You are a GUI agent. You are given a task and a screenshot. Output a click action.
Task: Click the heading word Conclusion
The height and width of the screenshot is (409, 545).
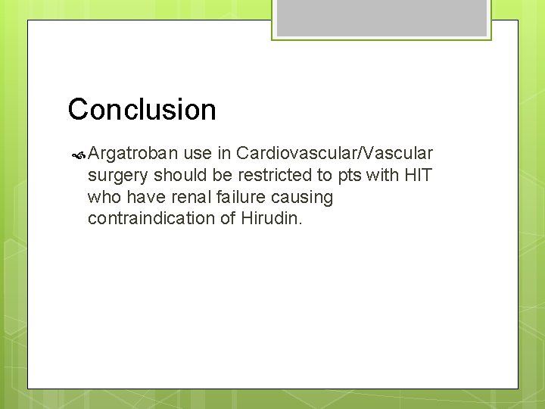pos(142,110)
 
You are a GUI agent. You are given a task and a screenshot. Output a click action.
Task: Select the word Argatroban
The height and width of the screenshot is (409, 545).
pos(133,154)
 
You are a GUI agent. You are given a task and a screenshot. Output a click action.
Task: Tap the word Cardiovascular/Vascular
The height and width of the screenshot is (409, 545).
pos(335,154)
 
